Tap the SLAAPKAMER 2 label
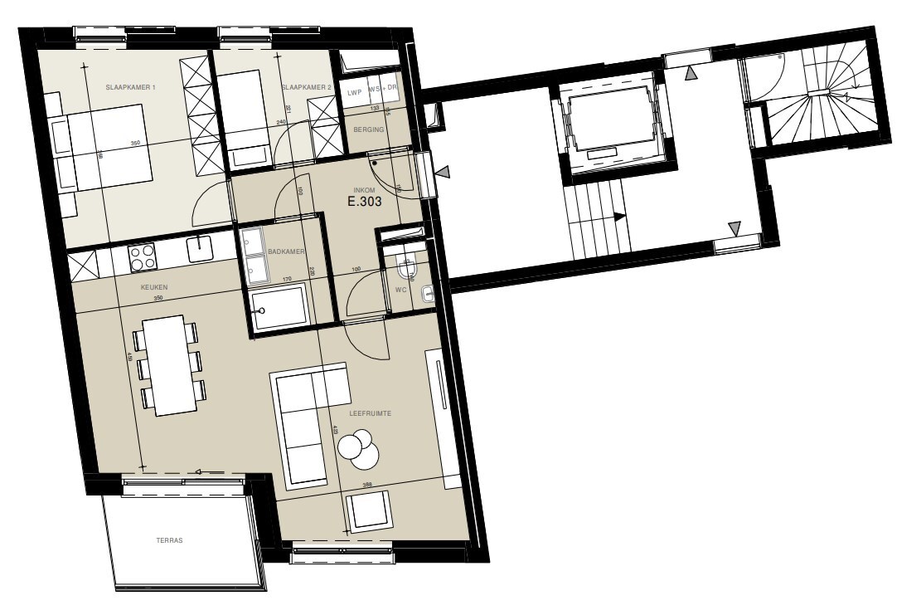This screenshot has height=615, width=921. point(306,87)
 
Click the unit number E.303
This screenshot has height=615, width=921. point(366,201)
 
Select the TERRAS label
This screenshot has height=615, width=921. point(169,539)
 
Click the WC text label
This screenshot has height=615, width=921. point(401,290)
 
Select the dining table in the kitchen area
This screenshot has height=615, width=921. point(169,365)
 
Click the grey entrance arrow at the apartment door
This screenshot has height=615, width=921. point(444,173)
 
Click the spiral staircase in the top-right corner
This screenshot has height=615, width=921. point(824,95)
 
